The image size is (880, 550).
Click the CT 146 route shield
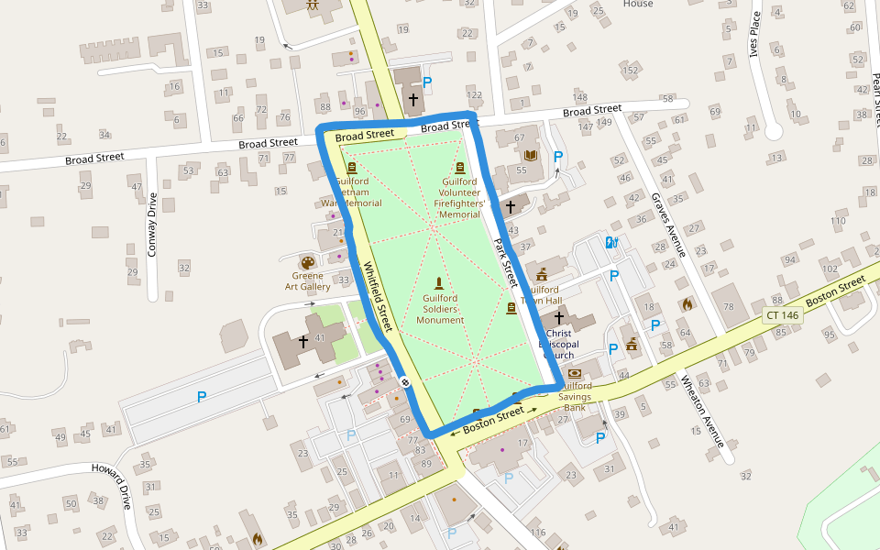[782, 314]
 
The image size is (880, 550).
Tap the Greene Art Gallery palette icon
[306, 263]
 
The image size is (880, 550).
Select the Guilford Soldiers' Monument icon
[439, 283]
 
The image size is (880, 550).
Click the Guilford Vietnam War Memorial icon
[352, 168]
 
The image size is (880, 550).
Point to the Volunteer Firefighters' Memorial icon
[460, 168]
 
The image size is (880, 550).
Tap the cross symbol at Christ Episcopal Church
[558, 316]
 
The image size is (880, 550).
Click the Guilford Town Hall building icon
[542, 274]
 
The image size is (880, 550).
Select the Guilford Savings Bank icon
[575, 373]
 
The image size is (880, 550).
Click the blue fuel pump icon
[610, 243]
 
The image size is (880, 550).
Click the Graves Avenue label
[668, 225]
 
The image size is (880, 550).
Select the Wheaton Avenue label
[702, 411]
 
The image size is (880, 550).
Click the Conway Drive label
[152, 223]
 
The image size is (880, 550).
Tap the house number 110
[838, 221]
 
